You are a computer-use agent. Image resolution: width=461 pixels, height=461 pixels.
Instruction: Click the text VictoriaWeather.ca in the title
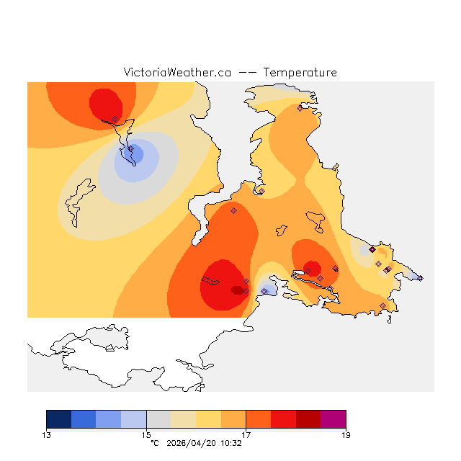pos(177,73)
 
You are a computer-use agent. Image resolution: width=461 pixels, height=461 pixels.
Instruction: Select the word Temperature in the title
pos(300,73)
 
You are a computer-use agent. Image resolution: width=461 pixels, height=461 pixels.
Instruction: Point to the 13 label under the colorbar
pos(46,434)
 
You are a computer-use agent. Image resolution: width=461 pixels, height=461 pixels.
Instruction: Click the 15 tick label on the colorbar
pos(146,434)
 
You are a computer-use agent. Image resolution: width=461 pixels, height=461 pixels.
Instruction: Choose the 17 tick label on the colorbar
pos(246,434)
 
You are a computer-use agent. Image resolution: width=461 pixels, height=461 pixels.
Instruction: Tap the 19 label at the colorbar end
pos(346,434)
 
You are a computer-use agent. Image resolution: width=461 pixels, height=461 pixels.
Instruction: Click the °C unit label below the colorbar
pos(154,444)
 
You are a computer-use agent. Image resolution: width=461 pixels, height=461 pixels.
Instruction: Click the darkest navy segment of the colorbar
pos(59,419)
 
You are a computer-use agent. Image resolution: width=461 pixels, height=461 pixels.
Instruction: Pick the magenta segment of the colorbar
pos(334,419)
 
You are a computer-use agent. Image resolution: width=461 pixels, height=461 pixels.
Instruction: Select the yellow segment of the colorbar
pos(209,419)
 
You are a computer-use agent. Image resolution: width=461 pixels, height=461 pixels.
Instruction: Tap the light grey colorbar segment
pos(158,419)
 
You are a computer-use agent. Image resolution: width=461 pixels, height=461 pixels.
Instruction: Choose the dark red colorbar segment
pos(308,419)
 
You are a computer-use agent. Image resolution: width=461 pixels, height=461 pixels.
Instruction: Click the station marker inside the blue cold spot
pos(131,149)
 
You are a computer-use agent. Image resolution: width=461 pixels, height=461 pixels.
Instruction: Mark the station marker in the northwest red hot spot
pos(115,119)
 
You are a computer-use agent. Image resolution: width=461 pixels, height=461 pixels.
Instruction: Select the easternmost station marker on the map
pos(420,277)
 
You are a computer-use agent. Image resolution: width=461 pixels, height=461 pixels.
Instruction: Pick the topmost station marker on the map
pos(300,108)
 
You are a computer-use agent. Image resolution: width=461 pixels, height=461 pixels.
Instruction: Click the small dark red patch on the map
pos(237,290)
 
